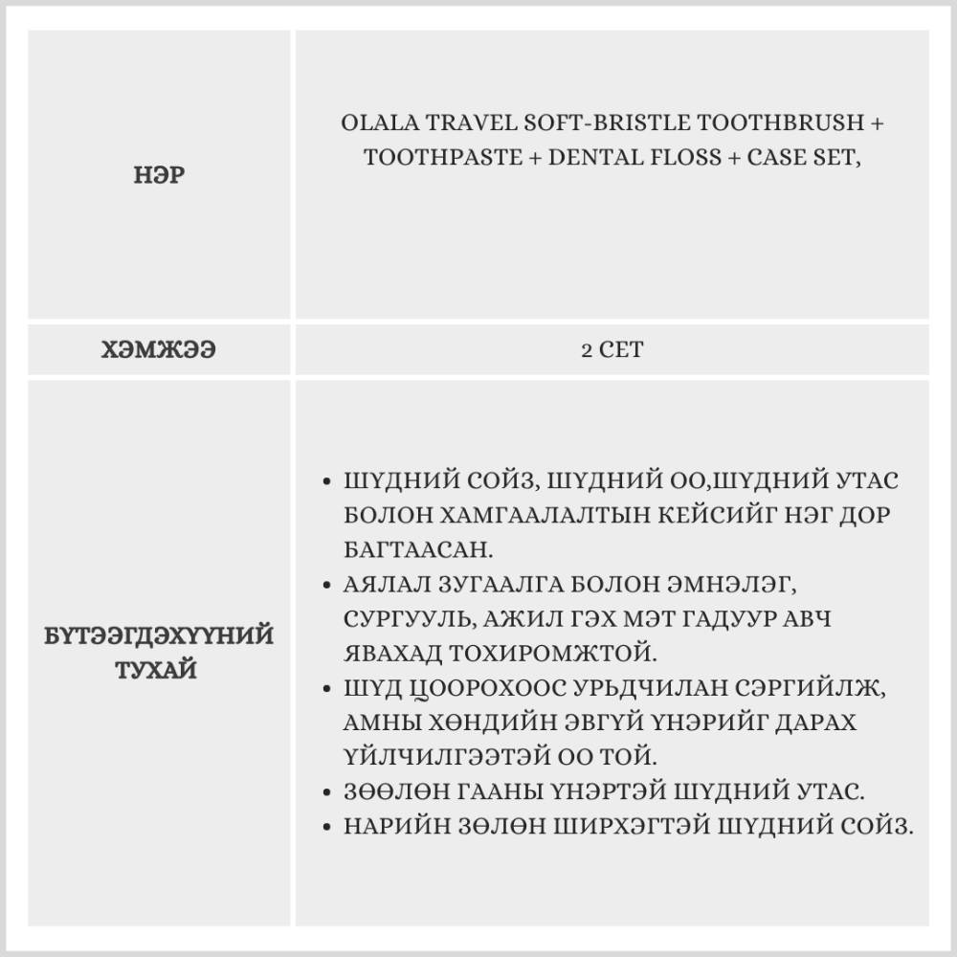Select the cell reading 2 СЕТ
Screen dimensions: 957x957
click(612, 350)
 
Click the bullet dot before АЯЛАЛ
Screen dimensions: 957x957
click(328, 583)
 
